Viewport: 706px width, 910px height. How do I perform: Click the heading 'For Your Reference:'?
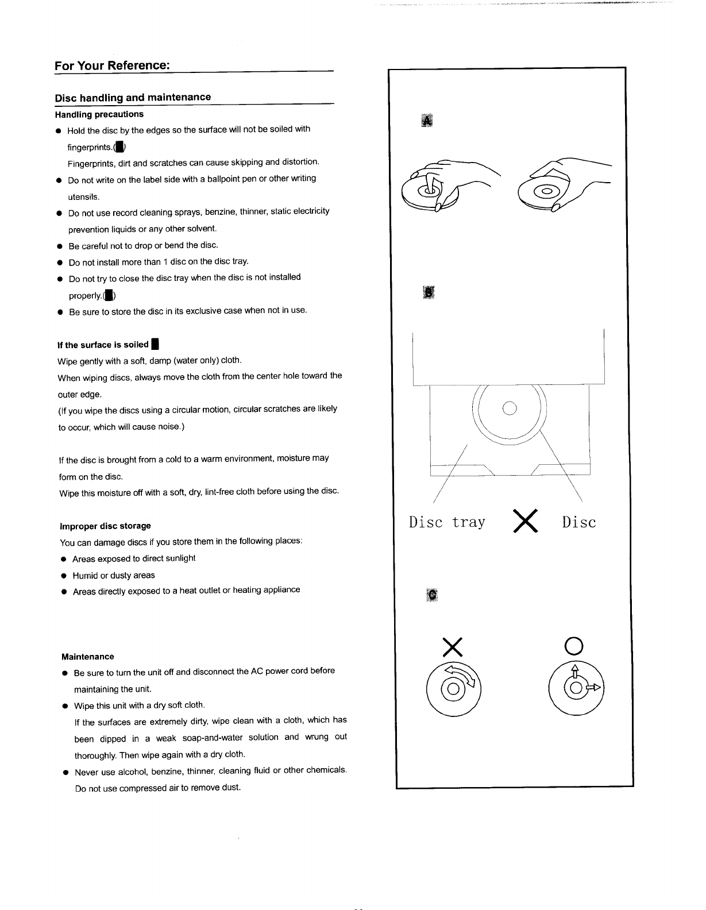pyautogui.click(x=112, y=65)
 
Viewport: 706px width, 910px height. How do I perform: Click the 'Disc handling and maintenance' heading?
pyautogui.click(x=133, y=97)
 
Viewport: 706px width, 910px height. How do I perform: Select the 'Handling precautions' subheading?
pyautogui.click(x=99, y=114)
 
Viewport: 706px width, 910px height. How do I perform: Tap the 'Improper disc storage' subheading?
pyautogui.click(x=105, y=526)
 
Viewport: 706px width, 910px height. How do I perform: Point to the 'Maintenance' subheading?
pyautogui.click(x=88, y=657)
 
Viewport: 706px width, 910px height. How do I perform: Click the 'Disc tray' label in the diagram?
pyautogui.click(x=447, y=522)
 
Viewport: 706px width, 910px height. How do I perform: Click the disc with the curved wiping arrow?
pyautogui.click(x=454, y=688)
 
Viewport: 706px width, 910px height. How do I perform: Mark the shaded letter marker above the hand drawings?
pyautogui.click(x=426, y=120)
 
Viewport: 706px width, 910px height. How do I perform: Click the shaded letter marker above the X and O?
pyautogui.click(x=432, y=595)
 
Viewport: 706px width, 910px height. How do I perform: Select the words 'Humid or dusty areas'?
pyautogui.click(x=114, y=575)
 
